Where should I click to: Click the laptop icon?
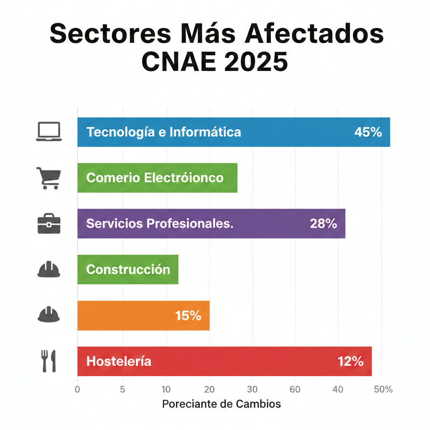click(49, 131)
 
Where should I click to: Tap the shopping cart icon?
click(49, 178)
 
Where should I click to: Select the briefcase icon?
click(49, 224)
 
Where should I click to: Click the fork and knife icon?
click(49, 361)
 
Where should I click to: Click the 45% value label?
click(368, 132)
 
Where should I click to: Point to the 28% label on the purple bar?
click(323, 223)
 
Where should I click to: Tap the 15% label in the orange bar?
click(188, 315)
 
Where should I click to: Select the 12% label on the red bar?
click(350, 361)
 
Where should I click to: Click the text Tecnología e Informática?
click(164, 132)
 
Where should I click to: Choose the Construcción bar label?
click(128, 269)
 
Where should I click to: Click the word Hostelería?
click(119, 361)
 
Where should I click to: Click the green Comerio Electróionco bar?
click(157, 178)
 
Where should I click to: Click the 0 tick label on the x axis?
click(77, 389)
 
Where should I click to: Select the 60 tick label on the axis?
click(295, 389)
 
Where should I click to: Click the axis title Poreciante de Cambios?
click(221, 404)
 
